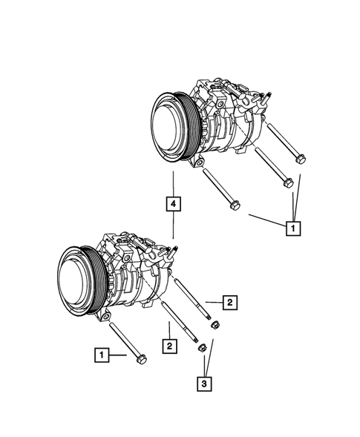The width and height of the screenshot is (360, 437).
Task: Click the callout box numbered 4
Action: (x=172, y=203)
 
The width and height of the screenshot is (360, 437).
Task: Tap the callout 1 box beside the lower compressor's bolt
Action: (x=99, y=356)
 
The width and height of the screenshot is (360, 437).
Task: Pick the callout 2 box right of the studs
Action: (x=231, y=302)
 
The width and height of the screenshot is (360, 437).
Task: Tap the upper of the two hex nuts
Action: (x=215, y=324)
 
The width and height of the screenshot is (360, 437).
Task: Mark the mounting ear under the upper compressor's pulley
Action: (x=196, y=160)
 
